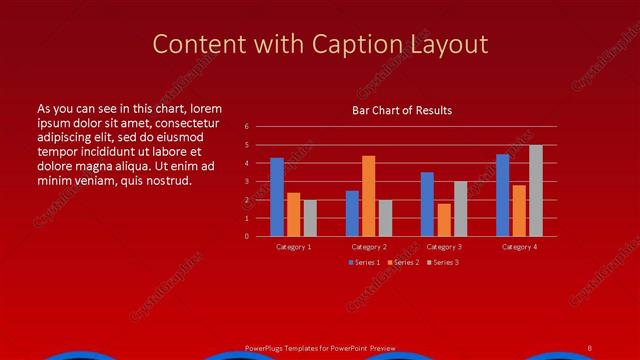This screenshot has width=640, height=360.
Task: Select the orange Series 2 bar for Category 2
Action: [x=368, y=196]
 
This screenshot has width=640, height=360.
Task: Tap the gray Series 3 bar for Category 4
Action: [x=536, y=191]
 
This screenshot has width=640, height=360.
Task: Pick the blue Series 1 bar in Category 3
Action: [x=427, y=204]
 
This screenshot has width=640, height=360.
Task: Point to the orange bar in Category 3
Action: [x=443, y=220]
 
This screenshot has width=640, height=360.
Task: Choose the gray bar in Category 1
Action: [x=310, y=218]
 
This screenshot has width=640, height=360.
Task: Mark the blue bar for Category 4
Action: [x=502, y=195]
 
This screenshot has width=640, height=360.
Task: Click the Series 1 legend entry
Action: [x=365, y=262]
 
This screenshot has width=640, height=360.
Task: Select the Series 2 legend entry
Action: [x=403, y=262]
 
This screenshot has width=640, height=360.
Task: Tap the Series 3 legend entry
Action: [x=443, y=262]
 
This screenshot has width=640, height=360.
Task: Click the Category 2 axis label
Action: [x=368, y=246]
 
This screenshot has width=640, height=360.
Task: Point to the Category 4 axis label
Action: [x=519, y=246]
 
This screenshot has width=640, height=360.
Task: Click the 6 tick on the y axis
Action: [x=246, y=127]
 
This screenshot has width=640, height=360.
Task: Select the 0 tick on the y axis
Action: [x=246, y=237]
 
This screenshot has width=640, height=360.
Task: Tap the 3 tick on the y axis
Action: [x=246, y=182]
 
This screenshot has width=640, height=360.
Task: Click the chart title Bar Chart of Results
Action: [x=402, y=110]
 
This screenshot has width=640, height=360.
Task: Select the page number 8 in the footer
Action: [x=590, y=348]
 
